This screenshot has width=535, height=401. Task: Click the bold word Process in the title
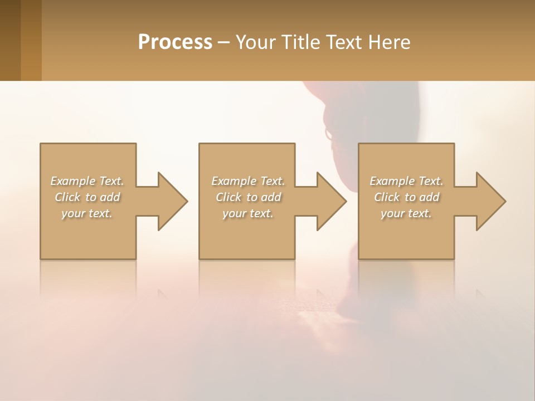point(175,42)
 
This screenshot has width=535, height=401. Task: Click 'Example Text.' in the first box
point(87,181)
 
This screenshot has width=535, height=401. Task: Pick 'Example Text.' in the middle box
point(248,181)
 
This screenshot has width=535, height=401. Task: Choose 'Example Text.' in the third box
point(406,181)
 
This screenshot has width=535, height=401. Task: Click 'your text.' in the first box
point(87,213)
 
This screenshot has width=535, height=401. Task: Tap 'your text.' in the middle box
point(248,213)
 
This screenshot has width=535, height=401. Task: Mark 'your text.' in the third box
point(406,213)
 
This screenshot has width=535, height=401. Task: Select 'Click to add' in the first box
point(87,197)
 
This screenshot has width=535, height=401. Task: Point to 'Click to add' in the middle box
point(248,197)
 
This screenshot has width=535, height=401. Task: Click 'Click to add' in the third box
point(406,197)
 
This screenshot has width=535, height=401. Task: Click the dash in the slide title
point(224,43)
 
